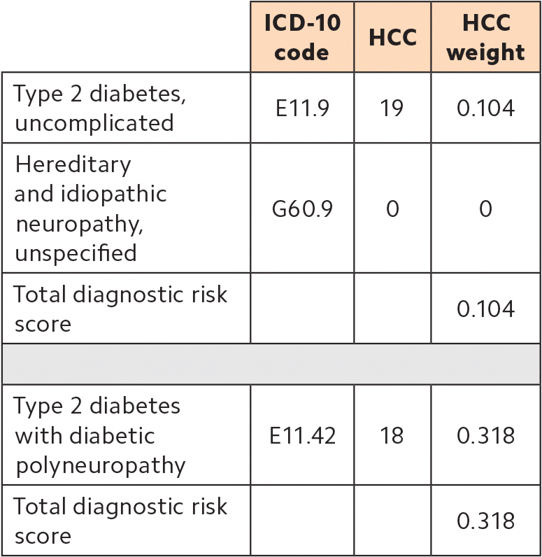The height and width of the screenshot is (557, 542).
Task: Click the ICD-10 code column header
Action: point(302,37)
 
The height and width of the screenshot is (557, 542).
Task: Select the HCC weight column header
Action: point(485,37)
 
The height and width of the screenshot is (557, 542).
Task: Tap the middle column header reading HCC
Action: point(392,38)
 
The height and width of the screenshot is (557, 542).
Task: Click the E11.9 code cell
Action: point(302,108)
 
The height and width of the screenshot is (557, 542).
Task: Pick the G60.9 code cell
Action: point(302,209)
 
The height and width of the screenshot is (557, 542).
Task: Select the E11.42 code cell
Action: point(302,435)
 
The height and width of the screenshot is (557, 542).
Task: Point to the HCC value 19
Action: point(392,108)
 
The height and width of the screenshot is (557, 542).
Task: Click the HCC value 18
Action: point(392,435)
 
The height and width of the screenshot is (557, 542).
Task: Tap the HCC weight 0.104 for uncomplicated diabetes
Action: point(485,108)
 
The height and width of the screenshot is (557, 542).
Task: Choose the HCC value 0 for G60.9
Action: point(392,209)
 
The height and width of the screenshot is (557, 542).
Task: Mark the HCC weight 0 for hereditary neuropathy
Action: point(485,209)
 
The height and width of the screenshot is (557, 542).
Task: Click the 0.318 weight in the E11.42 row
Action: point(485,435)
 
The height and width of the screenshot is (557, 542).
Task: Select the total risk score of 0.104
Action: point(485,309)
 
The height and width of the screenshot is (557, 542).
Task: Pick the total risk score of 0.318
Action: point(485,521)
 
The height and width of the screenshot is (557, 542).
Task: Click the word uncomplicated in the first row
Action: point(94,123)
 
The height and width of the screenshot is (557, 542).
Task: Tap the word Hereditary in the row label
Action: point(73,164)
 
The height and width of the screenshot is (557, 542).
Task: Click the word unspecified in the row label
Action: point(76,253)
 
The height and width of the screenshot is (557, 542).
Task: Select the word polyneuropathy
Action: point(100,465)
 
